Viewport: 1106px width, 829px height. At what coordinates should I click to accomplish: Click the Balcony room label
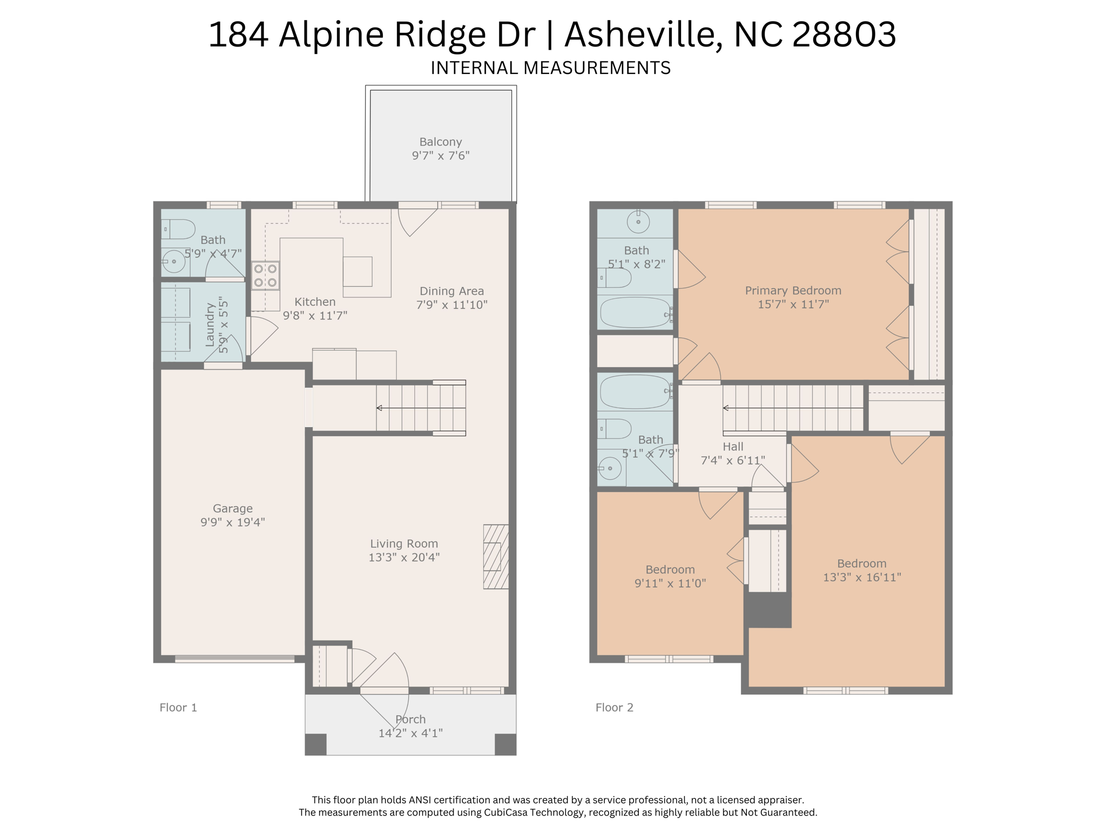click(441, 142)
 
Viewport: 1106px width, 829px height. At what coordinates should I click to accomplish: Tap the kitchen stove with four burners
click(265, 276)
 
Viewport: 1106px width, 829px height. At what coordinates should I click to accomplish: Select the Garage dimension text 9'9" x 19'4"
click(233, 522)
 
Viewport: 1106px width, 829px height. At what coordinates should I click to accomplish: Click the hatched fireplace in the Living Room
click(496, 556)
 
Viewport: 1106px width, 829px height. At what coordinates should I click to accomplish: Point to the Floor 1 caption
click(178, 708)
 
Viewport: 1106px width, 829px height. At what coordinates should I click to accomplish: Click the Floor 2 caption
click(615, 708)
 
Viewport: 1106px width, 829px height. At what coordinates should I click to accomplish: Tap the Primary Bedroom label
click(793, 291)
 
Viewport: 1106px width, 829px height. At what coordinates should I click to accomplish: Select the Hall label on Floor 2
click(733, 447)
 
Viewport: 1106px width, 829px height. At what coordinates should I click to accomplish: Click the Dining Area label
click(452, 291)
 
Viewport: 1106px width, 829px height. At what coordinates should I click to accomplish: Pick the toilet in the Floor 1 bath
click(178, 229)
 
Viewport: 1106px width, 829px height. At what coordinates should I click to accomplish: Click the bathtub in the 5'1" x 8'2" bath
click(636, 312)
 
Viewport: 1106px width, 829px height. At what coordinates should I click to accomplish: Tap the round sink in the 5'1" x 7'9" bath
click(610, 468)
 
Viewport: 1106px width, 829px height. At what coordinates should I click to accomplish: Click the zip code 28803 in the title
click(844, 35)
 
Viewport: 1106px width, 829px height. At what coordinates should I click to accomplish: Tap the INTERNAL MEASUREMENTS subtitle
click(551, 68)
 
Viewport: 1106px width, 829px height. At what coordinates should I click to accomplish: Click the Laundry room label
click(210, 324)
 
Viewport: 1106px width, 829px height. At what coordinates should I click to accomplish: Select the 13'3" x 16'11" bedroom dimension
click(862, 577)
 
